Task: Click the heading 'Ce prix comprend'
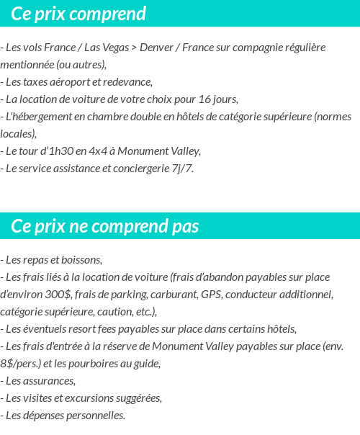pyautogui.click(x=78, y=14)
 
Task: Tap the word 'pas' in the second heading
pyautogui.click(x=185, y=226)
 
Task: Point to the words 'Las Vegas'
pyautogui.click(x=107, y=48)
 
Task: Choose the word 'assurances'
pyautogui.click(x=49, y=380)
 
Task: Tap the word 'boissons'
pyautogui.click(x=82, y=259)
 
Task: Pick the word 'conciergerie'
pyautogui.click(x=149, y=169)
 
